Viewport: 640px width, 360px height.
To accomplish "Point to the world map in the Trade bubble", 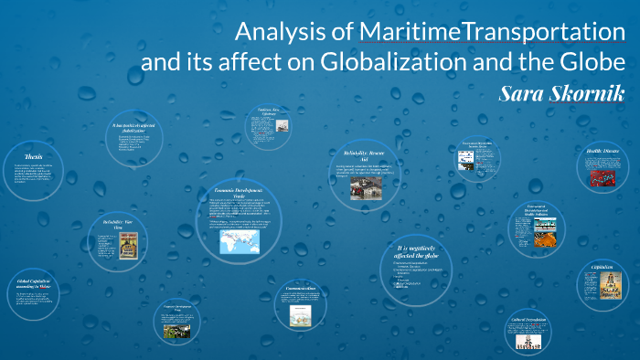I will coord(235,241).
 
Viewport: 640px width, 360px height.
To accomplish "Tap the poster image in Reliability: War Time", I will coord(128,249).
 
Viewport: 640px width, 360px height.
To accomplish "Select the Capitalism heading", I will coord(602,268).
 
